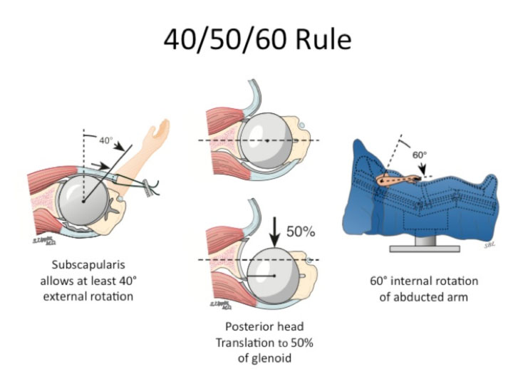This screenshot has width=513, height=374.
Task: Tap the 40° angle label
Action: pyautogui.click(x=106, y=140)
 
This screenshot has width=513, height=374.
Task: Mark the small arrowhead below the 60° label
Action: pyautogui.click(x=425, y=172)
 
